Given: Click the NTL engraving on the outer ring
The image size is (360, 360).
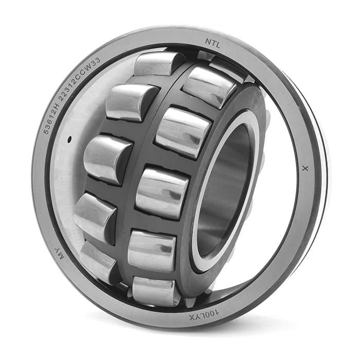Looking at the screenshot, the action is pos(212,43).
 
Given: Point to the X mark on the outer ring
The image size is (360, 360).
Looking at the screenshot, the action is pos(305,169).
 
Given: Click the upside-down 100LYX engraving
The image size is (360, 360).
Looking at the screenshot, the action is pos(204,315).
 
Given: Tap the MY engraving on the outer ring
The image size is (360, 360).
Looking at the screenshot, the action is pos(59,253).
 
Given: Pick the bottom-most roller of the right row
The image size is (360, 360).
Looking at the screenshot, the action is pos(153,291).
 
